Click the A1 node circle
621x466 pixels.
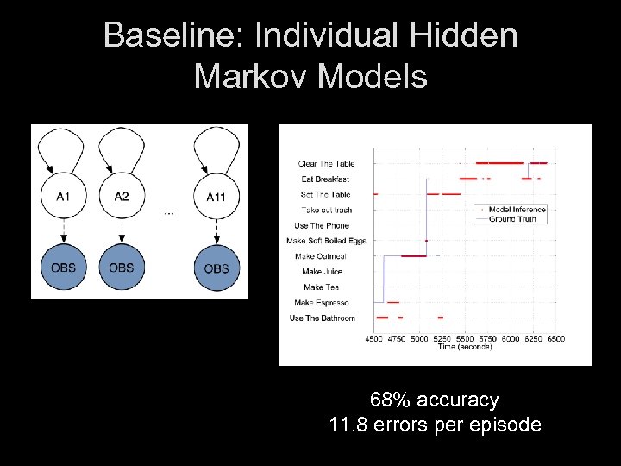[63, 198]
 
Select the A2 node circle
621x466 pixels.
[122, 198]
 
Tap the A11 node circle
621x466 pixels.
[216, 198]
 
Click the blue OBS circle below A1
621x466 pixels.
[63, 268]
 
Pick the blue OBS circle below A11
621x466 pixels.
[216, 268]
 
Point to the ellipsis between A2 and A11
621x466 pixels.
[168, 212]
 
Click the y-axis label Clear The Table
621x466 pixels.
[326, 164]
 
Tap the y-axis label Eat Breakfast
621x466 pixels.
[327, 179]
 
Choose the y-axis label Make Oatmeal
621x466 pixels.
[320, 257]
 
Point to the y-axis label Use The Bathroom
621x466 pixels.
[323, 318]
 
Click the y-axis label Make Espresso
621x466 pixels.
[321, 303]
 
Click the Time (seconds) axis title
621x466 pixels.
[464, 347]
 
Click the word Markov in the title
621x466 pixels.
[252, 77]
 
